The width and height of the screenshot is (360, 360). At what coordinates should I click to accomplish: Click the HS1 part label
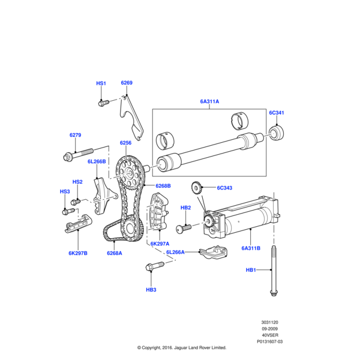[101, 83]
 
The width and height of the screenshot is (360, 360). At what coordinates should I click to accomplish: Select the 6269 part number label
[126, 83]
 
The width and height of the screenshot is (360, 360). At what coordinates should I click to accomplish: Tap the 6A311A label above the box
[209, 102]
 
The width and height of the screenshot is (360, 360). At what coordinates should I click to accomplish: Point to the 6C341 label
[276, 113]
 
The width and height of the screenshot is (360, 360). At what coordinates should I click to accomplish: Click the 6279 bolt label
[75, 135]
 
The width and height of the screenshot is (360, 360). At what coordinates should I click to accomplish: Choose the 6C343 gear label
[224, 188]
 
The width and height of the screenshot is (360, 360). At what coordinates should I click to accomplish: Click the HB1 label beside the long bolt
[251, 271]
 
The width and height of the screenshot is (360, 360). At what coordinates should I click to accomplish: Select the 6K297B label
[78, 253]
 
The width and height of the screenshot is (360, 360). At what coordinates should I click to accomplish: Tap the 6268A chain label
[115, 253]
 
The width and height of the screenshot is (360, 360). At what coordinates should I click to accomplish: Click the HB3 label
[151, 290]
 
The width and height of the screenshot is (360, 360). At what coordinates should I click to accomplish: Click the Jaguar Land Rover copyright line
[181, 347]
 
